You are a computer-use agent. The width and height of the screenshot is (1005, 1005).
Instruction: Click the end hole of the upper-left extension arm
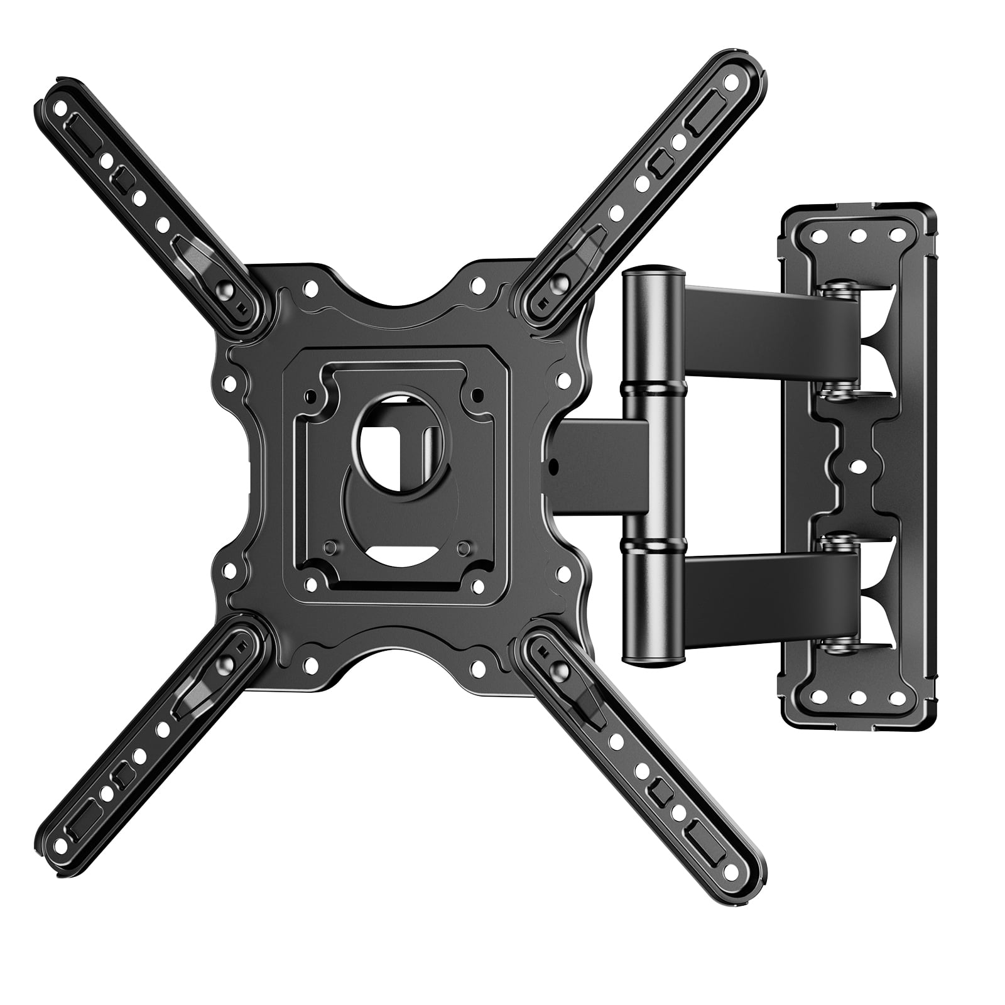click(x=60, y=108)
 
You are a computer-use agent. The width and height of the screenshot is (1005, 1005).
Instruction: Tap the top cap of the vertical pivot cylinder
click(x=651, y=274)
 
